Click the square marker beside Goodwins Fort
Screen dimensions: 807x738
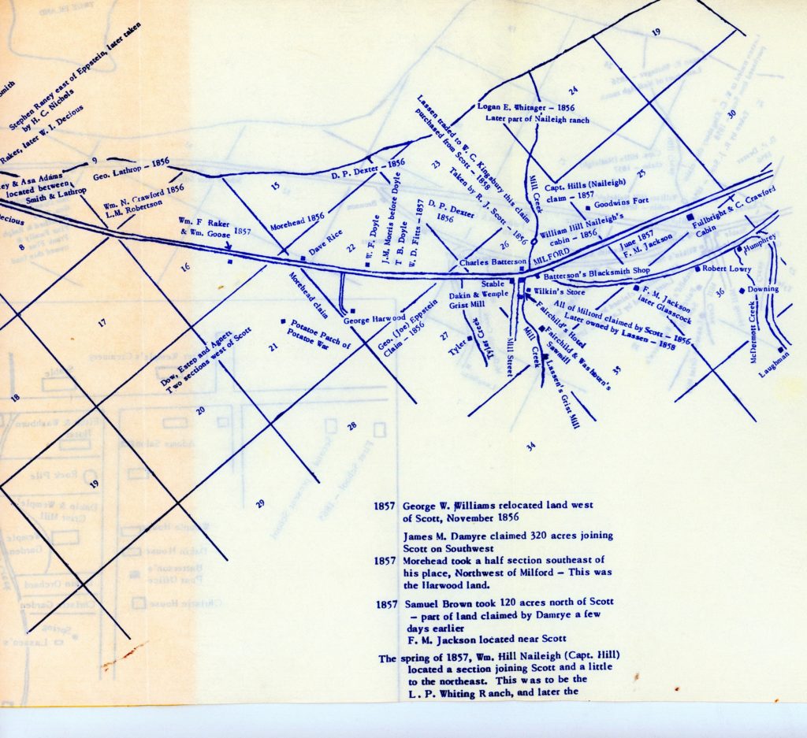pyautogui.click(x=588, y=208)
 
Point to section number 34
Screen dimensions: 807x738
pyautogui.click(x=531, y=447)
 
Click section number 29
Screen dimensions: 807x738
pyautogui.click(x=261, y=503)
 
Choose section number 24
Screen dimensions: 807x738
pyautogui.click(x=574, y=90)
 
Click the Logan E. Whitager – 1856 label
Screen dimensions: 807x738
pyautogui.click(x=526, y=106)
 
